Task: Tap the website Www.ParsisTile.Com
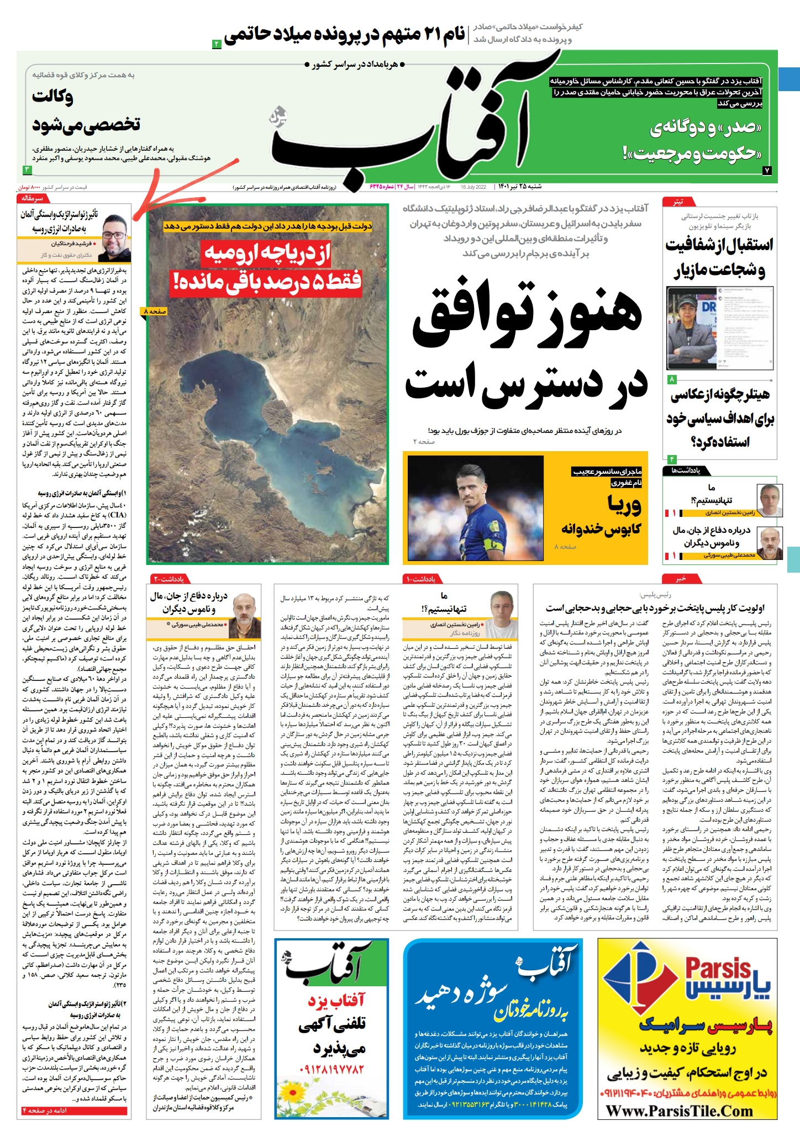(x=680, y=1110)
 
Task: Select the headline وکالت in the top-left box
(x=52, y=97)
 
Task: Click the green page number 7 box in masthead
(x=767, y=171)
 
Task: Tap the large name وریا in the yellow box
(x=624, y=504)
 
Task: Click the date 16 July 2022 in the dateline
(x=473, y=187)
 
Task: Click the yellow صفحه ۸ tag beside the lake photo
(x=155, y=311)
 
